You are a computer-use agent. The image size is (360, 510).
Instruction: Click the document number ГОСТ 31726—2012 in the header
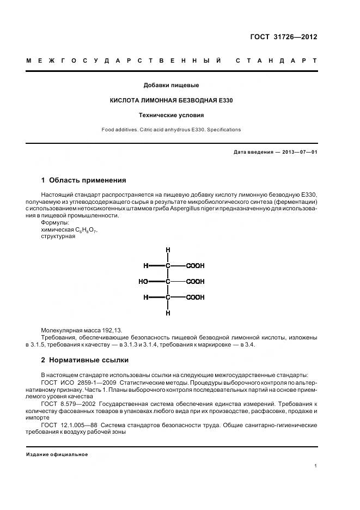coord(283,37)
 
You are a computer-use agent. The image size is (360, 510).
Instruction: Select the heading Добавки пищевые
coord(171,85)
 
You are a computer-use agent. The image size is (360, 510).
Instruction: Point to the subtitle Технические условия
coord(171,115)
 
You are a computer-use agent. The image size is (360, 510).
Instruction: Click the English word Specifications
coord(223,130)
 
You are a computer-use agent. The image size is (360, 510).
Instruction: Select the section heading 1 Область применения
coord(83,180)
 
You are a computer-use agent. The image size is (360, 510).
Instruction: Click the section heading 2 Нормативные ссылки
coord(84,360)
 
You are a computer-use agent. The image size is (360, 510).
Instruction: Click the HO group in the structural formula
coord(144,282)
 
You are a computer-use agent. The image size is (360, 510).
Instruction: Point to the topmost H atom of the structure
coord(168,250)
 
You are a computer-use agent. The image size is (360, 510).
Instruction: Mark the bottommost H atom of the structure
coord(168,313)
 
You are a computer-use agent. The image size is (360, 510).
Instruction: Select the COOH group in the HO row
coord(195,282)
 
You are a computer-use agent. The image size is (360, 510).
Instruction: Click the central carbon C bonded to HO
coord(168,282)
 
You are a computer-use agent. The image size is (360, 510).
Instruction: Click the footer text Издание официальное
coord(57,454)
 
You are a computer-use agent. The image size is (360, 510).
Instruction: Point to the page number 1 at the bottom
coord(316,466)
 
